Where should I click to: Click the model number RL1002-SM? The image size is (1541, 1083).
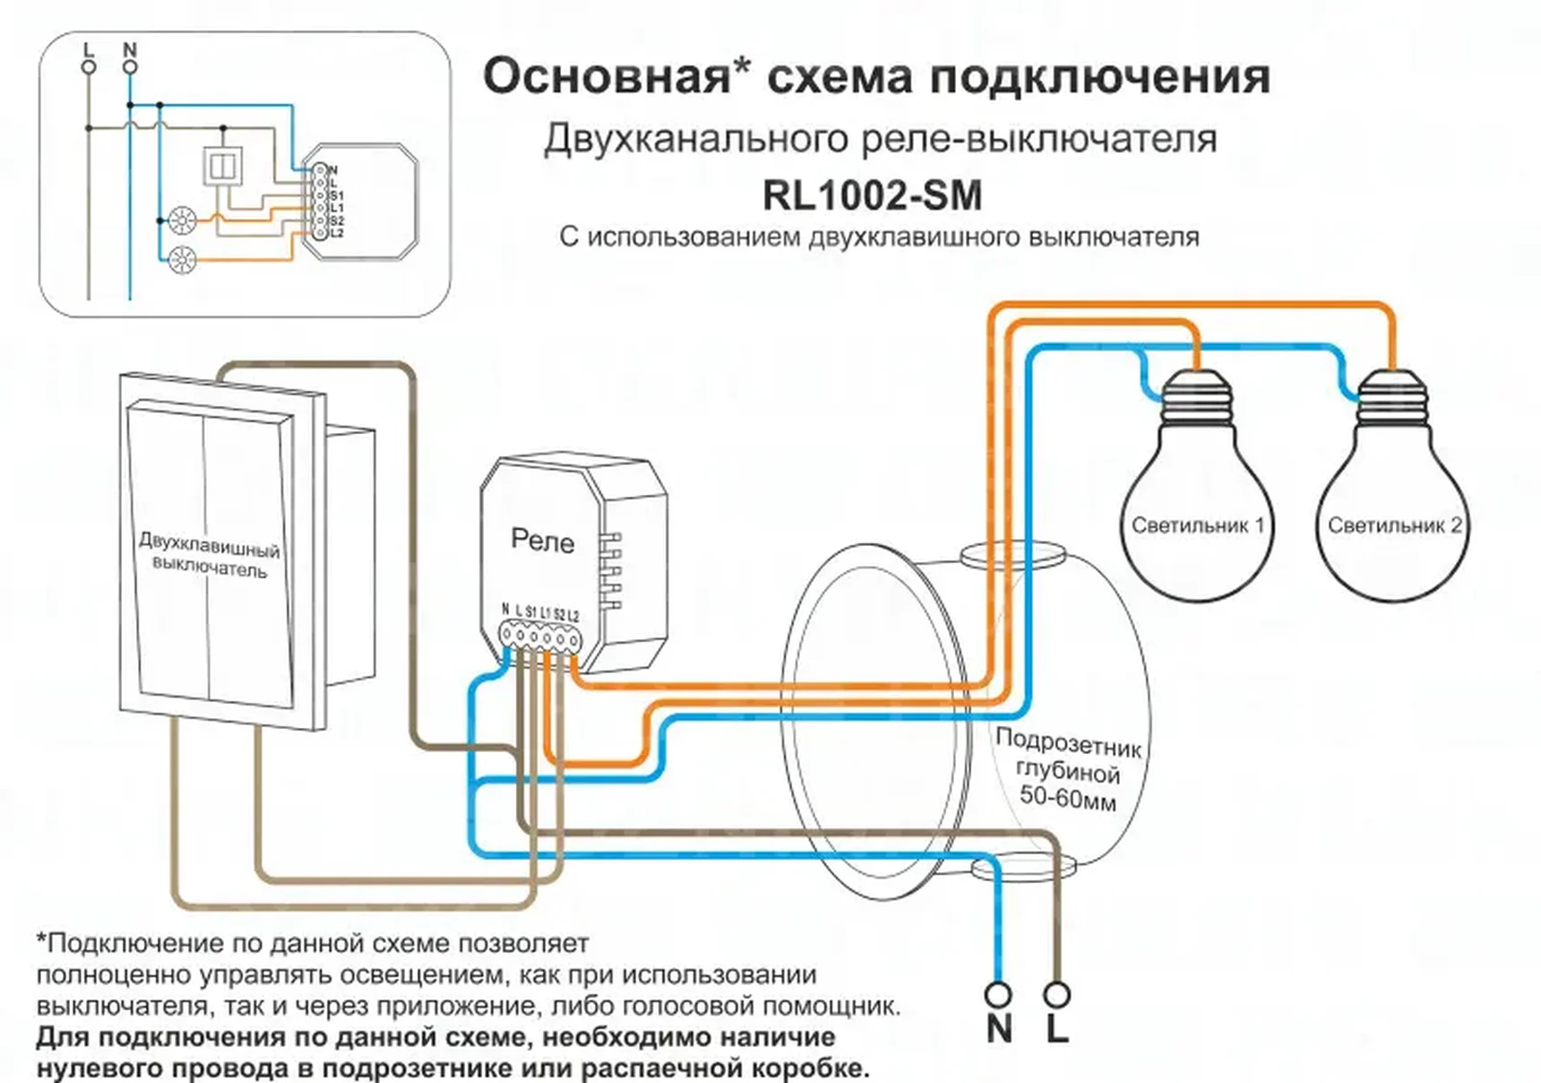(x=872, y=195)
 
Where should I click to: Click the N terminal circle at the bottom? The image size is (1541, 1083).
(x=997, y=995)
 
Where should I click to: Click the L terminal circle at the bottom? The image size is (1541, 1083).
(x=1057, y=995)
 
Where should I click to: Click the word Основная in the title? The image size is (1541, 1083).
(x=607, y=77)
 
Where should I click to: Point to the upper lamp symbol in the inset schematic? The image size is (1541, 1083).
(x=181, y=220)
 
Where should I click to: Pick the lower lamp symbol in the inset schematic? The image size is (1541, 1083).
(x=181, y=260)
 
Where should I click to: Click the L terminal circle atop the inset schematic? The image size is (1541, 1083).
(x=89, y=67)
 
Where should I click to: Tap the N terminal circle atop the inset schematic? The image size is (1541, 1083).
(x=130, y=67)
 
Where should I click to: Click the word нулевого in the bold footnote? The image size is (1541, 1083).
(x=95, y=1069)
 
